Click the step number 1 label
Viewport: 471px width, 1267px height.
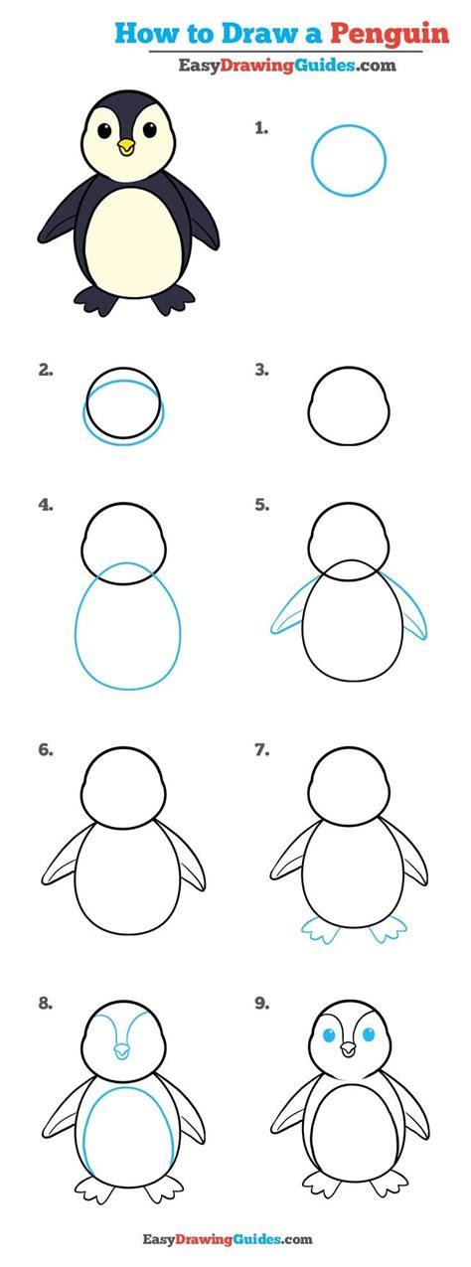261,128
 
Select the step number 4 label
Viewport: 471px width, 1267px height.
46,505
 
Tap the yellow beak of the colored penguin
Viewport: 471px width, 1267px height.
126,148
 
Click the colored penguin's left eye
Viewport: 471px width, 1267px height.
100,129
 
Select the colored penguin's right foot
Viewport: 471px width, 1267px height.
175,299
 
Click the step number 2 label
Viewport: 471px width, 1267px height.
46,371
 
